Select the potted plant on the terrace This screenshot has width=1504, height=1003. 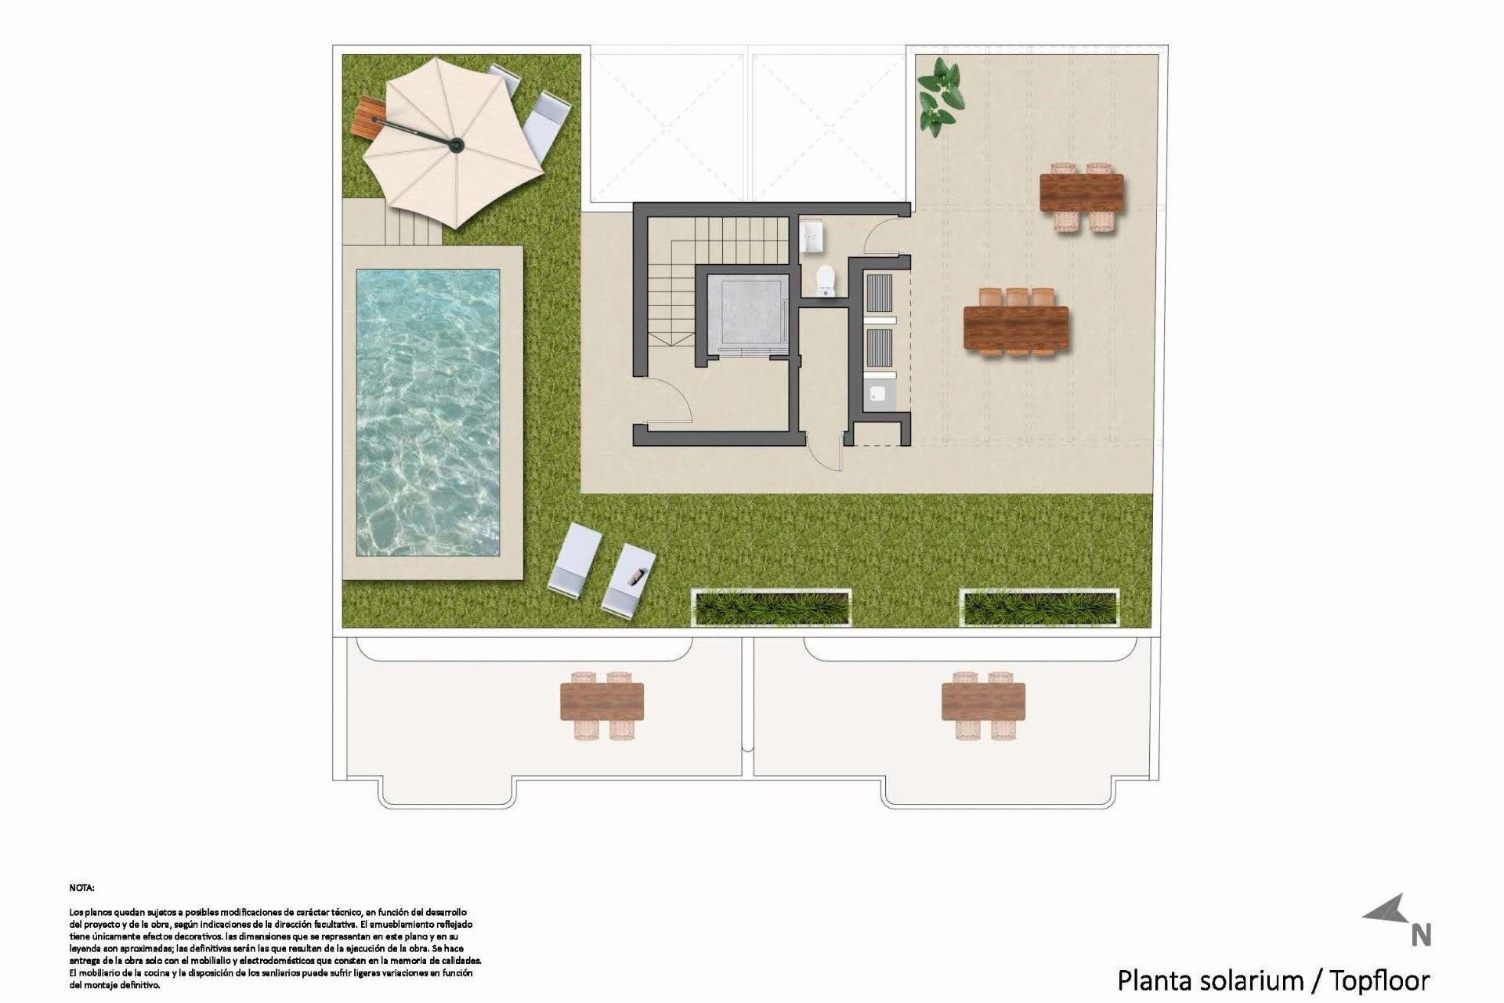tap(940, 96)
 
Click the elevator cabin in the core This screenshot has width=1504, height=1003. tap(745, 313)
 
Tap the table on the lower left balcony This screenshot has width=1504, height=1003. tap(602, 701)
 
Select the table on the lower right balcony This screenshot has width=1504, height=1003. tap(983, 701)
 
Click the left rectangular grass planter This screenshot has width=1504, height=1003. tap(772, 608)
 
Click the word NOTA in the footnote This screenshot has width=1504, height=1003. tap(81, 888)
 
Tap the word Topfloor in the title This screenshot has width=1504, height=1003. tap(1380, 980)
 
